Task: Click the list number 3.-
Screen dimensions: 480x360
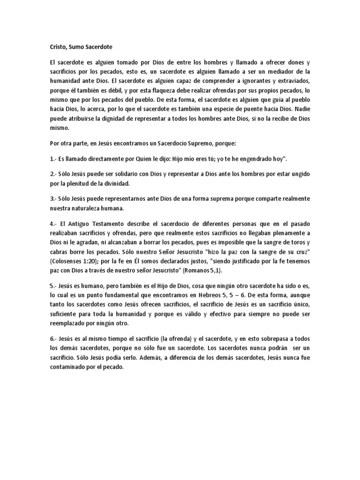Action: click(x=53, y=199)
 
